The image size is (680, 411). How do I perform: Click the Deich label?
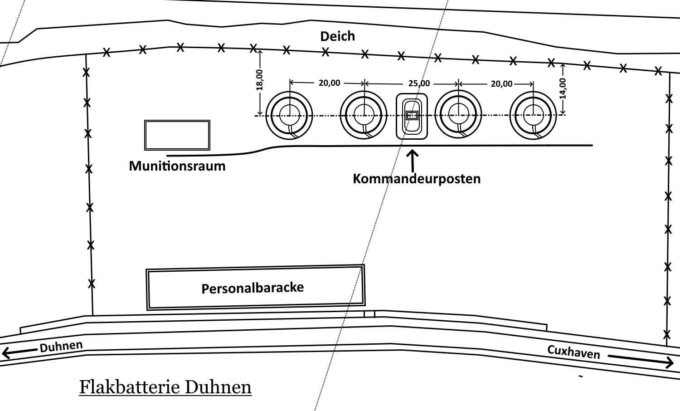[337, 36]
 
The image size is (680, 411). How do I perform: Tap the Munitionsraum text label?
[177, 166]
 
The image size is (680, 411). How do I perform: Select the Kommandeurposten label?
[417, 178]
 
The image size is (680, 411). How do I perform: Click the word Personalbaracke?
[253, 288]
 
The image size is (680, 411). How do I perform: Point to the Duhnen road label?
[61, 347]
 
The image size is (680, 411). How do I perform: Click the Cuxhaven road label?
[573, 352]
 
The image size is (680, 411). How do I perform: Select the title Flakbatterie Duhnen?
[165, 387]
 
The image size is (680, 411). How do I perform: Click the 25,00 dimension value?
[419, 83]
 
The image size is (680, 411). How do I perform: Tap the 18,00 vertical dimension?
[260, 80]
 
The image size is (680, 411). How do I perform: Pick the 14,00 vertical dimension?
[563, 88]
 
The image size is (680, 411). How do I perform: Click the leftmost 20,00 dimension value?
[329, 83]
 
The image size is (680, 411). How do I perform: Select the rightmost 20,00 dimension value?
[501, 83]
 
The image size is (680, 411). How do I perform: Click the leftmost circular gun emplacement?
[289, 115]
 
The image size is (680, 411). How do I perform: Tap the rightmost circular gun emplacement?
[533, 115]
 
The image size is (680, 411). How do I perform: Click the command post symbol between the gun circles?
[412, 116]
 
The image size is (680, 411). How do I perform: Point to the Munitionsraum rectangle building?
[177, 135]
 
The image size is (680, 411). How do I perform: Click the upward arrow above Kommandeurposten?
[413, 159]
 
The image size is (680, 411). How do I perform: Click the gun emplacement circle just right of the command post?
[458, 115]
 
